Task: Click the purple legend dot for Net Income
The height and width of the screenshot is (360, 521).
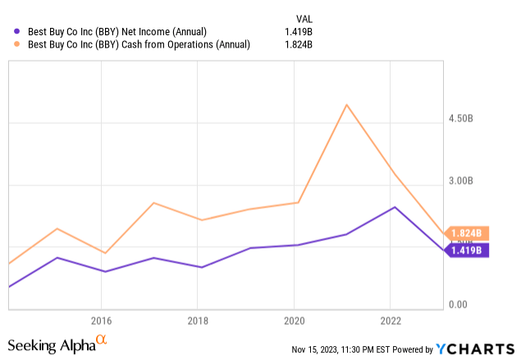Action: (17, 32)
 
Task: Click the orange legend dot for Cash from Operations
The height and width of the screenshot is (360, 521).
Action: (17, 45)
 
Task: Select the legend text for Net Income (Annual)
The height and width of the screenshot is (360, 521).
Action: (112, 32)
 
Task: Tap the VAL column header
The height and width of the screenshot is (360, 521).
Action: (304, 18)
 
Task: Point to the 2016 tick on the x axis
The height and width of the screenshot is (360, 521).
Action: (101, 320)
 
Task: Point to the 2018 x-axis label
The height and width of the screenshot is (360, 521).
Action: (198, 320)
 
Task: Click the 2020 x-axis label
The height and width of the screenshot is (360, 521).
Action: (295, 320)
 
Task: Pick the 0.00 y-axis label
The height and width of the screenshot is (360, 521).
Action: (459, 305)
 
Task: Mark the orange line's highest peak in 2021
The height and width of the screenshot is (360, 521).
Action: (347, 105)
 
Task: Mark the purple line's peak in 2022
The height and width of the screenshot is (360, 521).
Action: (395, 207)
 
